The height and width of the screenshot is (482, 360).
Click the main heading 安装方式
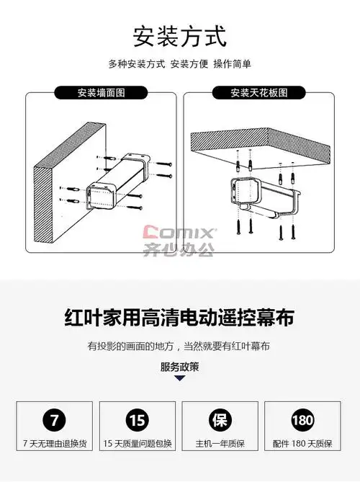pos(180,37)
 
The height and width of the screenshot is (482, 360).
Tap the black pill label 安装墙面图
pos(101,92)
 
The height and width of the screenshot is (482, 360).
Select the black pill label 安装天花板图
pos(259,92)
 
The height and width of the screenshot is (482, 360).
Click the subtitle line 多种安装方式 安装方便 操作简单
pos(180,64)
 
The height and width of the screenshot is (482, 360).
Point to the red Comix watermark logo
pos(178,232)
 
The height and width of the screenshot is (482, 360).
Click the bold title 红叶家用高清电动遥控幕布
pos(180,318)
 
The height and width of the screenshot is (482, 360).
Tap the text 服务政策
pos(180,367)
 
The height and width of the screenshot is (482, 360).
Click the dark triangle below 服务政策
pos(180,378)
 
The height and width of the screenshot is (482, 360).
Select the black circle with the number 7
pos(55,420)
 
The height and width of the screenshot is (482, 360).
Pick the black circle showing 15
pos(138,420)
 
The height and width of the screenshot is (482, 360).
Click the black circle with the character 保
pos(220,420)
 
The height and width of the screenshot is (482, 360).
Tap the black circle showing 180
pos(302,420)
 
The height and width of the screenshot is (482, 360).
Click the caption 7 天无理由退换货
pos(55,444)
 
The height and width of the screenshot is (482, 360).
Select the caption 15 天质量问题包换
pos(138,444)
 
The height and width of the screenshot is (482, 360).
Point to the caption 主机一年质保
pos(220,444)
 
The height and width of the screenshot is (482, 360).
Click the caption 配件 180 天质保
pos(302,444)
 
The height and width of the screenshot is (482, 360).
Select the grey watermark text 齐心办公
pos(178,249)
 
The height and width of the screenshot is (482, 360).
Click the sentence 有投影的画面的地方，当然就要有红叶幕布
pos(179,347)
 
